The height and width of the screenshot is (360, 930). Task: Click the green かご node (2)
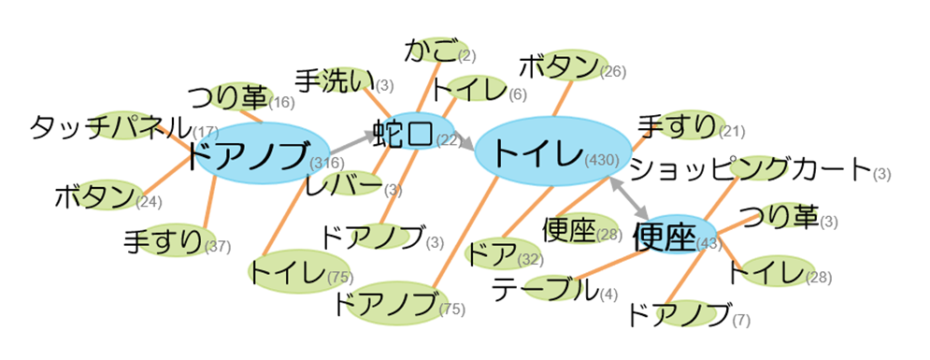[x=431, y=50]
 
